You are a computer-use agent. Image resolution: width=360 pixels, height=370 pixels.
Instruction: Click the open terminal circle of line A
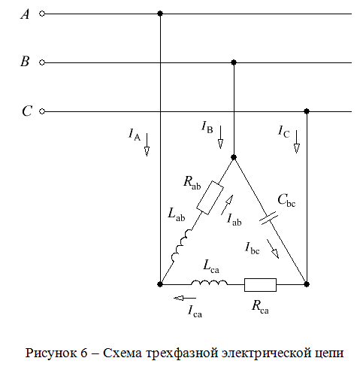42,14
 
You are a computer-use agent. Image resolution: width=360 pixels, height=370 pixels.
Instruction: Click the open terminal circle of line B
42,62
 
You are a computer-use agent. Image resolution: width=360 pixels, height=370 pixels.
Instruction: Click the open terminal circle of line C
42,111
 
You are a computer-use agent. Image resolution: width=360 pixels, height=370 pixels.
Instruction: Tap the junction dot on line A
160,14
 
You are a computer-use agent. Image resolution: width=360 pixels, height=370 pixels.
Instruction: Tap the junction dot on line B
234,62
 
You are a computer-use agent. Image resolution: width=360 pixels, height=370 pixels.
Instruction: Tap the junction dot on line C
307,111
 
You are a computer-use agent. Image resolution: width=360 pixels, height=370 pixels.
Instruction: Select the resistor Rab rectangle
210,198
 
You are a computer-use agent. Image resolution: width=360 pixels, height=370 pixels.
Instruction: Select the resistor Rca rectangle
260,285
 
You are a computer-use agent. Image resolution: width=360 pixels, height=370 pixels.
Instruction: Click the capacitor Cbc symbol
268,218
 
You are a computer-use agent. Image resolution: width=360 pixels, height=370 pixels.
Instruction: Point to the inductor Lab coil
181,247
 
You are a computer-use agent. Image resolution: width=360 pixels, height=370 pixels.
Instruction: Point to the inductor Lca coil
210,283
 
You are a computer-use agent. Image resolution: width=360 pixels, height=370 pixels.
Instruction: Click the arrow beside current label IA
147,144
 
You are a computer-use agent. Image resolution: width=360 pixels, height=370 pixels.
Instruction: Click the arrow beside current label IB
220,137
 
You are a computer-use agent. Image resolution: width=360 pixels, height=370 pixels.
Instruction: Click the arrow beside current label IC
297,141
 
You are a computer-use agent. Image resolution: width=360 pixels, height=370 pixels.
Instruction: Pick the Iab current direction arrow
227,205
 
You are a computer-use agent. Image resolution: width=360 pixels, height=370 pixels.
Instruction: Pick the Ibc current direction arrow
273,249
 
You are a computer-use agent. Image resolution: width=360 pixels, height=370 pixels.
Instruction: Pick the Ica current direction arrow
185,298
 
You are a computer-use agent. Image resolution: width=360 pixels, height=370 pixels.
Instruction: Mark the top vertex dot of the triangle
234,157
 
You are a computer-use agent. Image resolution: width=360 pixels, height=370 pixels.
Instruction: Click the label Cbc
286,201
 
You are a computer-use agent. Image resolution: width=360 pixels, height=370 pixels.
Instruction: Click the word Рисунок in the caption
56,353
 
